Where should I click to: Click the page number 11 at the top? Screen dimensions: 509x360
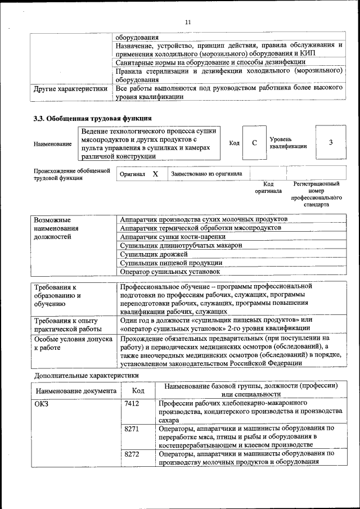(x=187, y=22)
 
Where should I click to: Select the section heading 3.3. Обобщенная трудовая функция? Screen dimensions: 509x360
(x=92, y=118)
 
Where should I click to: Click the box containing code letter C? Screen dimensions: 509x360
(x=254, y=143)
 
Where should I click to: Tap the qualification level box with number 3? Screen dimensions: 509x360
(x=330, y=143)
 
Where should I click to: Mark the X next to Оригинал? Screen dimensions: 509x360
(x=155, y=174)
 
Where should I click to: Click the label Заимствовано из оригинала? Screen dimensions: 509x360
(x=206, y=174)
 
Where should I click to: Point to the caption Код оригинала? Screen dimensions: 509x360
(x=268, y=187)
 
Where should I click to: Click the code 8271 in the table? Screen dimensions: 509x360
(x=132, y=429)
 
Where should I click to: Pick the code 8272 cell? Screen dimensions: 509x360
(x=132, y=453)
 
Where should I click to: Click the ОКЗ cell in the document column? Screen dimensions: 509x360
(x=42, y=404)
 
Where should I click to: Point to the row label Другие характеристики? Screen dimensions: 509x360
(x=70, y=88)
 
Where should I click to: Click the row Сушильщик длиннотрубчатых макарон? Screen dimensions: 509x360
(x=181, y=245)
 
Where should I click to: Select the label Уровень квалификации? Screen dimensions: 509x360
(x=288, y=142)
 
